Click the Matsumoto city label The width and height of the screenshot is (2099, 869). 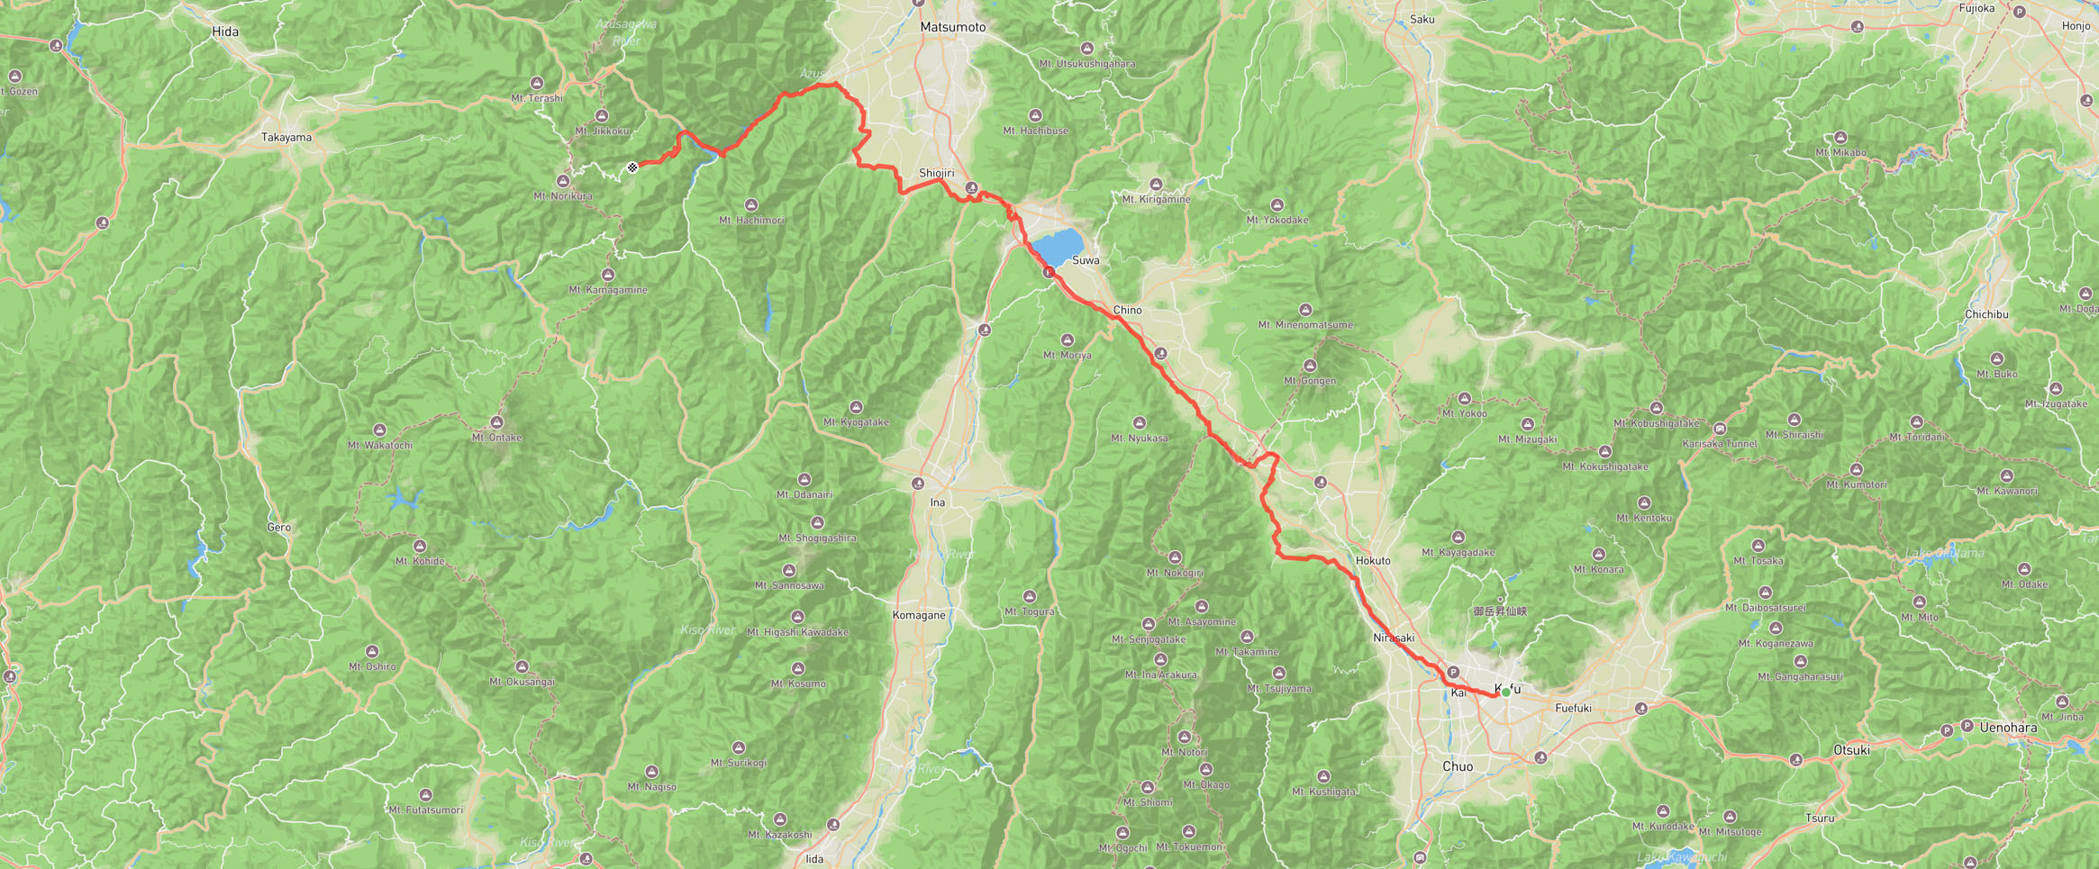pyautogui.click(x=952, y=27)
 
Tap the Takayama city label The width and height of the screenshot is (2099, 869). pyautogui.click(x=286, y=138)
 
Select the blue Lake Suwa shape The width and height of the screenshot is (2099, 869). pyautogui.click(x=1057, y=245)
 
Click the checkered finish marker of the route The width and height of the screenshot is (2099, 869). pyautogui.click(x=632, y=167)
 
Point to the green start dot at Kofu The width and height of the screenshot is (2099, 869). pyautogui.click(x=1505, y=692)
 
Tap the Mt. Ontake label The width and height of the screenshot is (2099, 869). pyautogui.click(x=496, y=438)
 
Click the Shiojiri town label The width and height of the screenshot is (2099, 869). pyautogui.click(x=936, y=173)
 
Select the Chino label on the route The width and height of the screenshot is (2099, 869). pyautogui.click(x=1127, y=310)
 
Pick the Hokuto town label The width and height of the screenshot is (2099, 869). pyautogui.click(x=1373, y=560)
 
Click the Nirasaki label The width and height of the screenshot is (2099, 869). pyautogui.click(x=1393, y=638)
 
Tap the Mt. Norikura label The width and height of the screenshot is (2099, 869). pyautogui.click(x=563, y=195)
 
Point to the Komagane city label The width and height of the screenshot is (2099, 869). pyautogui.click(x=918, y=615)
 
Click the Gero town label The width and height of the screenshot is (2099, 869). pyautogui.click(x=278, y=527)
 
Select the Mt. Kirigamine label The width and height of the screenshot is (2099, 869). pyautogui.click(x=1156, y=199)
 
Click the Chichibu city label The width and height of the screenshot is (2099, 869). pyautogui.click(x=1985, y=314)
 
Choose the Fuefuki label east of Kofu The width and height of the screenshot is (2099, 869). pyautogui.click(x=1573, y=708)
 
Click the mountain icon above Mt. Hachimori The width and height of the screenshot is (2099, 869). pyautogui.click(x=751, y=205)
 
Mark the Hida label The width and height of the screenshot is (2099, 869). pyautogui.click(x=225, y=32)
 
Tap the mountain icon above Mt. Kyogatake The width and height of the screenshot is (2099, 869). pyautogui.click(x=856, y=407)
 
